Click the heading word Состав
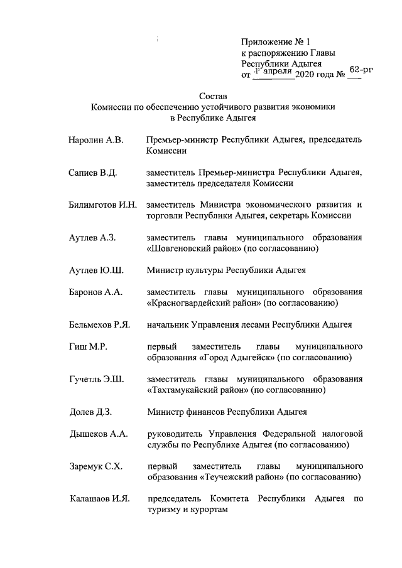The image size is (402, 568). tap(212, 96)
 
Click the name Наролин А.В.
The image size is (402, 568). tap(96, 140)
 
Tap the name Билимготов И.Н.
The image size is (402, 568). tap(102, 205)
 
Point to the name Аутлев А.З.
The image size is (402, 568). tap(94, 238)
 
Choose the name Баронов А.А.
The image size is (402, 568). tap(95, 292)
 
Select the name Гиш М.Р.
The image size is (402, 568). tap(87, 346)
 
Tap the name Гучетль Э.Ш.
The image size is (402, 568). tap(96, 379)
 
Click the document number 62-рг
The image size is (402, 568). tap(361, 70)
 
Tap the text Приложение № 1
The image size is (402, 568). tap(276, 41)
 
